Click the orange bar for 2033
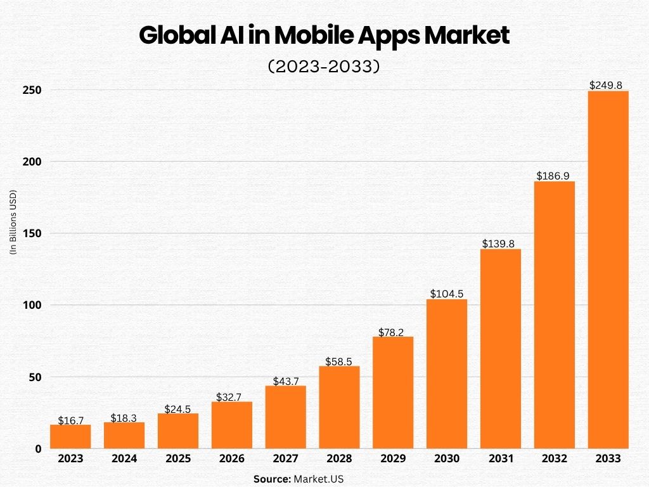pyautogui.click(x=608, y=269)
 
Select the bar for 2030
pyautogui.click(x=447, y=373)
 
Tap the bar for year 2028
pyautogui.click(x=339, y=407)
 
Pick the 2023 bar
pyautogui.click(x=70, y=436)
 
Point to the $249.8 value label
pyautogui.click(x=608, y=85)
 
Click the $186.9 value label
pyautogui.click(x=555, y=176)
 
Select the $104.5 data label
pyautogui.click(x=447, y=294)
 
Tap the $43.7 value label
pyautogui.click(x=285, y=381)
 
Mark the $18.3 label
pyautogui.click(x=124, y=418)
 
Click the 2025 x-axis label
pyautogui.click(x=178, y=459)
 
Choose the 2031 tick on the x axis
pyautogui.click(x=501, y=459)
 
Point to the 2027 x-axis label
pyautogui.click(x=285, y=459)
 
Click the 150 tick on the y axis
pyautogui.click(x=32, y=233)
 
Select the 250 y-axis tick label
pyautogui.click(x=32, y=90)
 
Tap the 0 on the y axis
pyautogui.click(x=38, y=448)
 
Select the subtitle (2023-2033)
pyautogui.click(x=324, y=67)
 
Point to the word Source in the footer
pyautogui.click(x=271, y=479)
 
